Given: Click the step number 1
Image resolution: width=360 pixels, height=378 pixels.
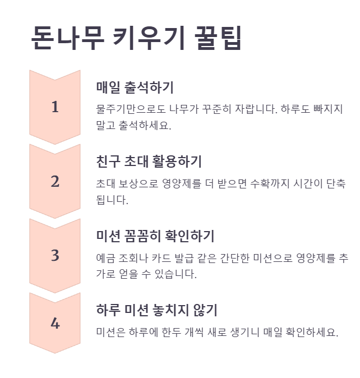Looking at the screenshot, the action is [x=55, y=107].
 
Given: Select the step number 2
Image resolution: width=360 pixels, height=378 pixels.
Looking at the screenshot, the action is [x=55, y=182].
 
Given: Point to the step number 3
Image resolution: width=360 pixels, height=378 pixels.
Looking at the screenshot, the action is [x=55, y=256].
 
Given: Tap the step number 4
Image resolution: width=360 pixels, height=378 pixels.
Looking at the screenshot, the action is [x=55, y=324].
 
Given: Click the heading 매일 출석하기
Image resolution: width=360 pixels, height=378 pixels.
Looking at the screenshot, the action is [x=135, y=87].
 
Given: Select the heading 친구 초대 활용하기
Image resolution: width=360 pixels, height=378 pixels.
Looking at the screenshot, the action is [x=149, y=162].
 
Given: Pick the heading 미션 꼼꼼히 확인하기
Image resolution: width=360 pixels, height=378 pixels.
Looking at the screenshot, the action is [x=155, y=236].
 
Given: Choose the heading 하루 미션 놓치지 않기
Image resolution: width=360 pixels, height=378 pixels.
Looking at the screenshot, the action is [x=156, y=310].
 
